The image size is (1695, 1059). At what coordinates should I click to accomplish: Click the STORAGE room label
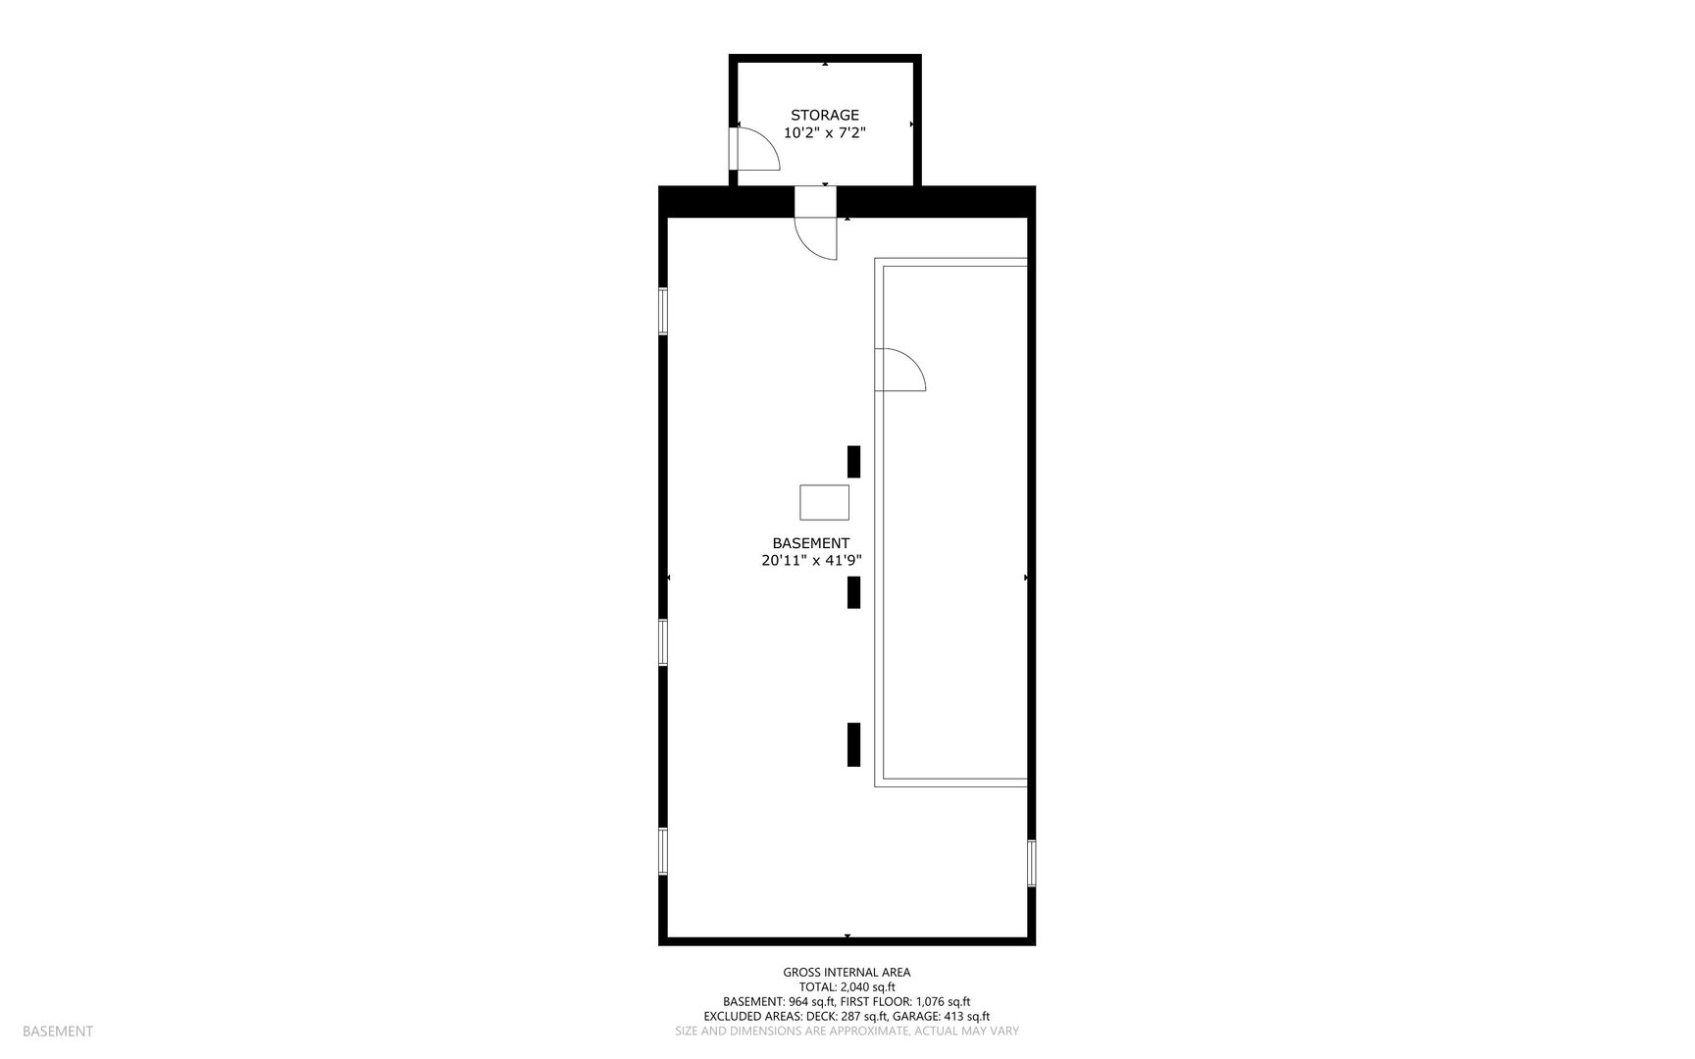coord(824,116)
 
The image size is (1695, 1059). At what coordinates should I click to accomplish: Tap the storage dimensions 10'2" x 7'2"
coord(824,133)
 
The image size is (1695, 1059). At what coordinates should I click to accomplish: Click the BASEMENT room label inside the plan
coord(810,543)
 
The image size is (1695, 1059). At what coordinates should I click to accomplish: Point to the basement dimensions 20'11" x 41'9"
coord(811,561)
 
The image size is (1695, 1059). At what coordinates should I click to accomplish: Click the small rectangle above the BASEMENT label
coord(824,502)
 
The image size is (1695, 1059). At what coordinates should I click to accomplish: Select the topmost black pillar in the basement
coord(853,462)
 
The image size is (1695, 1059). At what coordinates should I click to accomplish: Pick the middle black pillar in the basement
coord(853,592)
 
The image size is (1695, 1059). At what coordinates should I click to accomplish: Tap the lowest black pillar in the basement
coord(853,744)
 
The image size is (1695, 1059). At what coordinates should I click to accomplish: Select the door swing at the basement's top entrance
coord(816,236)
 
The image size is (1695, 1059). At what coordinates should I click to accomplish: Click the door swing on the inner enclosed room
coord(899,370)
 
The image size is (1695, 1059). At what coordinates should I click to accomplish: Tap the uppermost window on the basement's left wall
coord(663,311)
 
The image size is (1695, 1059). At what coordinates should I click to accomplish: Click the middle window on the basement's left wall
coord(663,642)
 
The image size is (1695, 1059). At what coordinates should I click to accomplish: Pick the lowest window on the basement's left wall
coord(663,851)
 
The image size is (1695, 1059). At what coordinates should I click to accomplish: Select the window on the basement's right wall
coord(1031,863)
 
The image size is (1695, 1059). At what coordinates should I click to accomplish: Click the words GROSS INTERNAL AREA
coord(847,973)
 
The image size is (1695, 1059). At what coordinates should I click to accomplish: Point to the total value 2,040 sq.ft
coord(867,987)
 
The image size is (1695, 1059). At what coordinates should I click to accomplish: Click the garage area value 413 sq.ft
coord(966,1017)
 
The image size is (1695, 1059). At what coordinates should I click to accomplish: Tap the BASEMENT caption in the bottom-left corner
coord(58,1032)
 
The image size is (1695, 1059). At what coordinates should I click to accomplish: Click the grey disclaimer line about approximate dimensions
coord(847,1032)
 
